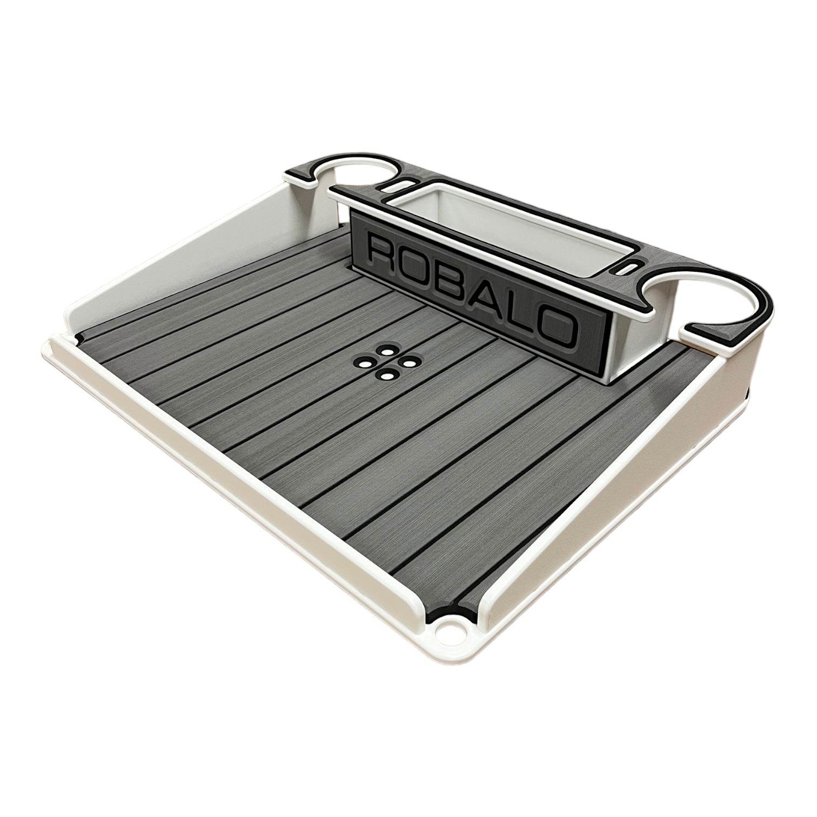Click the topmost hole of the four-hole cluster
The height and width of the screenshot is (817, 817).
(387, 351)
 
